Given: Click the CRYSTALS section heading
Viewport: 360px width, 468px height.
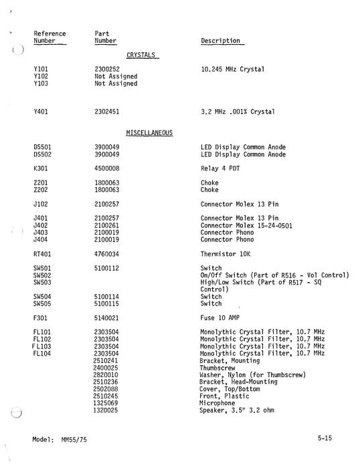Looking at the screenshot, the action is coord(142,55).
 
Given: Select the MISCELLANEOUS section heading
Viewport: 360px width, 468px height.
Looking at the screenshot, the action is coord(149,133).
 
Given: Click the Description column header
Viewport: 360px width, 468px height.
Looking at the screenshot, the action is coord(220,41).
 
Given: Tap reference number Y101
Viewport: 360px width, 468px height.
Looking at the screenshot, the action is coord(41,69).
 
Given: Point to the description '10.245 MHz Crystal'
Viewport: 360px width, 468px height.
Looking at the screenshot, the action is coord(232,69).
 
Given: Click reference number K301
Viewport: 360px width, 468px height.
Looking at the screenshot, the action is coord(41,168).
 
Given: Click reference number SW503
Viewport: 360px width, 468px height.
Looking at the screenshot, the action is coord(43,282).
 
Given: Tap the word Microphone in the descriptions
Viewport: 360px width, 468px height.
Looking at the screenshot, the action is coord(217,403).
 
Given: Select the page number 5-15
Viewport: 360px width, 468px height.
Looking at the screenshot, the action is coord(325,438).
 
